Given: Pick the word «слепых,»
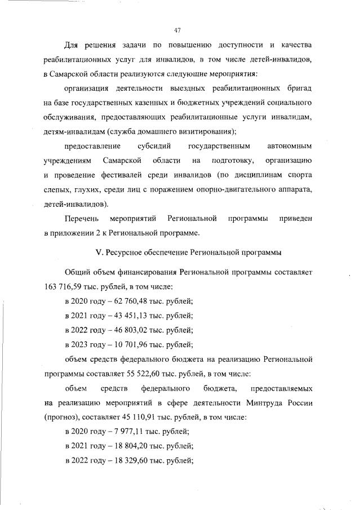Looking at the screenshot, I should [59, 190].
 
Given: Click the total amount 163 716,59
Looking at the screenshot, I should [63, 286].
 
